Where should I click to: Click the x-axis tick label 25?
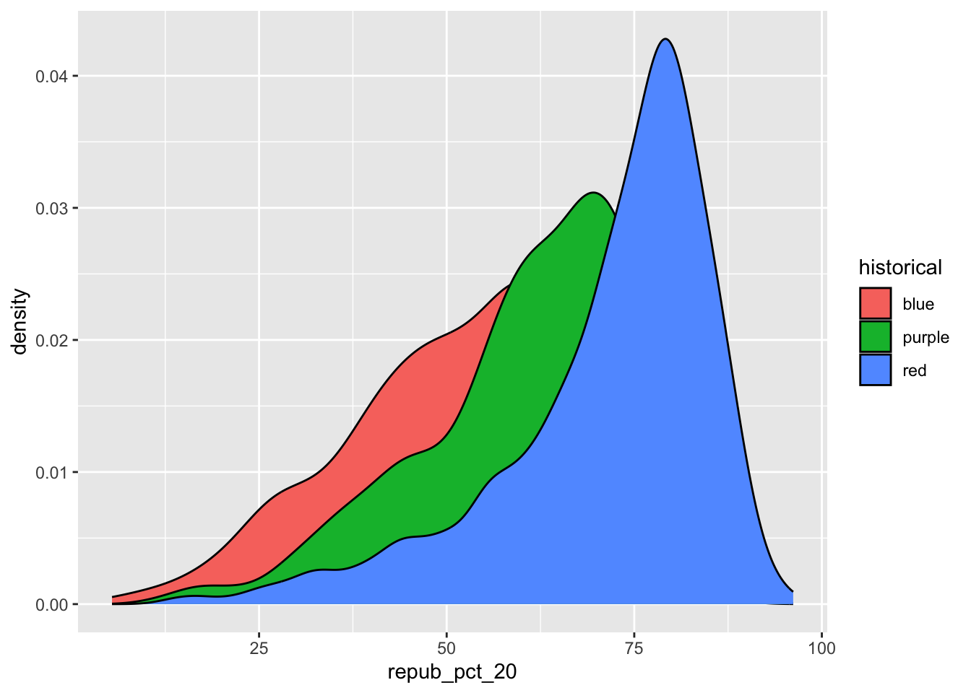[259, 648]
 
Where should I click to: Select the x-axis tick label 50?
[446, 648]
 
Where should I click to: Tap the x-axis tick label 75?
[634, 648]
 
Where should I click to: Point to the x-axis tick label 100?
[822, 648]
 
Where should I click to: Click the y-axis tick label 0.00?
[51, 605]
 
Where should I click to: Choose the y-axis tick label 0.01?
[51, 473]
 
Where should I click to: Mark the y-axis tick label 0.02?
[51, 341]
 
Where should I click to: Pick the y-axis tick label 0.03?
[51, 209]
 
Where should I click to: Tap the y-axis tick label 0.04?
[51, 77]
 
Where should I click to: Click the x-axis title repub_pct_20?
[452, 673]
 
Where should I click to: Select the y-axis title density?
[20, 322]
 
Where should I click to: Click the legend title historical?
[900, 268]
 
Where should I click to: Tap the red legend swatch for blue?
[875, 303]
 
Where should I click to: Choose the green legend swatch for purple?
[875, 336]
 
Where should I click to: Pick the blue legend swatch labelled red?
[875, 370]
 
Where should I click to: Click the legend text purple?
[925, 337]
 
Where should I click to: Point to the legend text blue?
[918, 304]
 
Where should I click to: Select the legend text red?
[915, 370]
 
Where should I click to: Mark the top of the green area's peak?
[593, 193]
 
